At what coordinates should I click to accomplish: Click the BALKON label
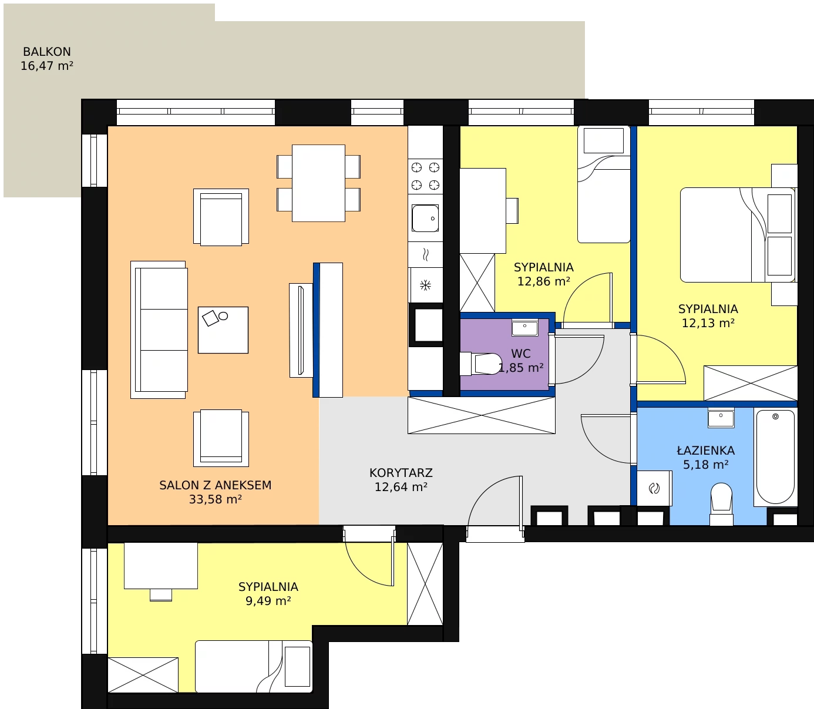[47, 52]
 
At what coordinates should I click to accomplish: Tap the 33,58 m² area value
[215, 499]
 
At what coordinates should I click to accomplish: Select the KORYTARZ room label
[401, 473]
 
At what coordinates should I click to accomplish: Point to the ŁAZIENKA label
[706, 450]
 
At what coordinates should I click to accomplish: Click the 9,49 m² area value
[268, 600]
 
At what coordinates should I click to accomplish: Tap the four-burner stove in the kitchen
[425, 176]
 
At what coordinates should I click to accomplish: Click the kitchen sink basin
[425, 218]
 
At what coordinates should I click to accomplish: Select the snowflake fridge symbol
[426, 285]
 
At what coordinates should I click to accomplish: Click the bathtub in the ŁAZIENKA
[775, 458]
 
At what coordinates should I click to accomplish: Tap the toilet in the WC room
[480, 364]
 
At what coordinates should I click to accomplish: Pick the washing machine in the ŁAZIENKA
[654, 488]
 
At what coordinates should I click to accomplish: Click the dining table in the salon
[318, 183]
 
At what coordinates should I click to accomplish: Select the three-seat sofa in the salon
[159, 330]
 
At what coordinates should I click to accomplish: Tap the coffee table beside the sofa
[223, 330]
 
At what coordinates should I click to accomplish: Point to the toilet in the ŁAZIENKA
[721, 503]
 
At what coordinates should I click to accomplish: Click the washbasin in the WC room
[525, 327]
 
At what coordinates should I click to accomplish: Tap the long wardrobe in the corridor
[482, 415]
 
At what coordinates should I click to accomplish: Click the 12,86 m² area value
[543, 281]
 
